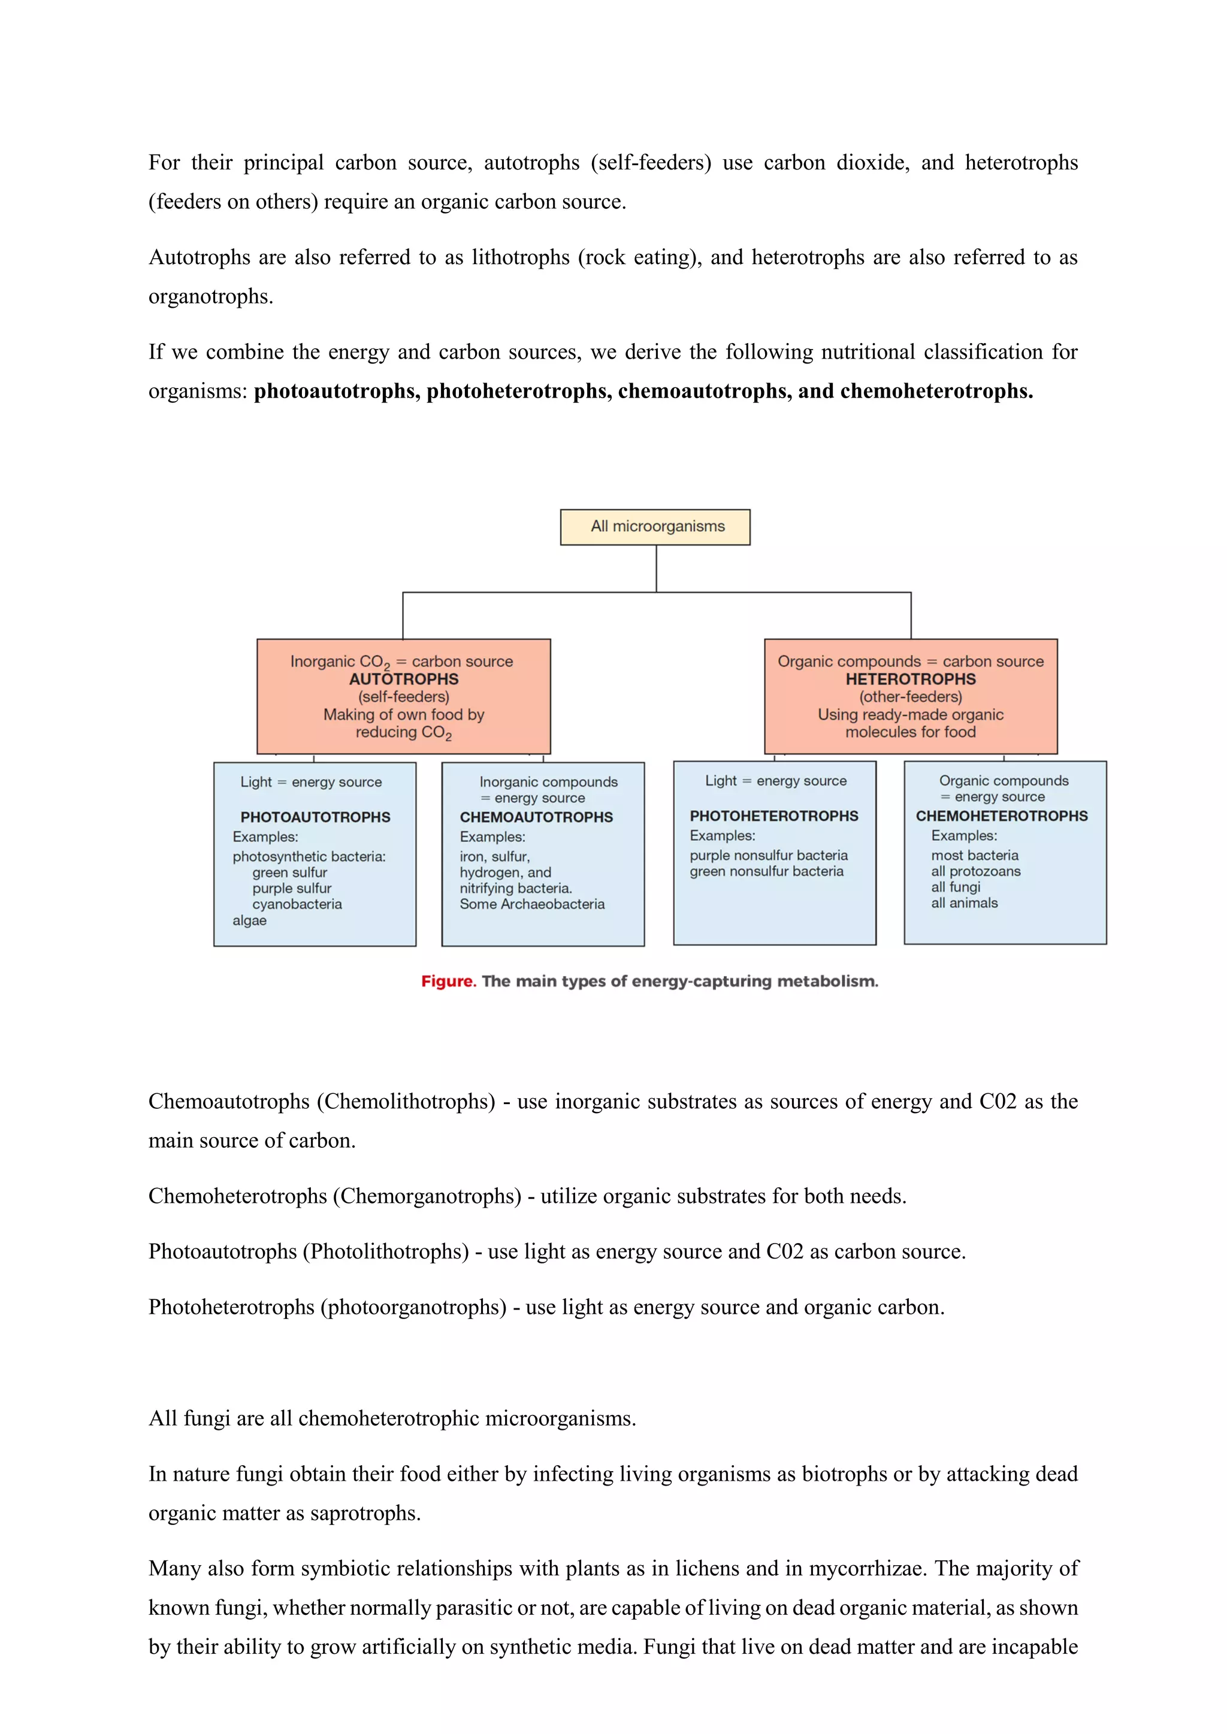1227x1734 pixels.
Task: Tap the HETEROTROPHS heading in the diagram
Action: tap(911, 679)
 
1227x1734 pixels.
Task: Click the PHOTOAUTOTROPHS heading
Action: tap(315, 817)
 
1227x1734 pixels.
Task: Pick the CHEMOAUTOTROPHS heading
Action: tap(536, 817)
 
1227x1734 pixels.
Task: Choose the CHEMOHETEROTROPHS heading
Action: tap(1002, 816)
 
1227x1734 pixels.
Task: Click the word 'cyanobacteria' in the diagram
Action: tap(297, 904)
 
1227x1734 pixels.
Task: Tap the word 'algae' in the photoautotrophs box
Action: tap(249, 921)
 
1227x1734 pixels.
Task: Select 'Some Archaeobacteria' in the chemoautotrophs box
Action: tap(532, 904)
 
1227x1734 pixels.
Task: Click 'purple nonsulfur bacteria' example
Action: tap(769, 855)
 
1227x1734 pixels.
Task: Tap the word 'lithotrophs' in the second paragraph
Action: tap(521, 257)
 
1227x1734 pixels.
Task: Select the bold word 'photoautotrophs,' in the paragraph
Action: tap(336, 391)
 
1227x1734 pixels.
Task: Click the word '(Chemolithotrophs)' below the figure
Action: tap(406, 1101)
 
